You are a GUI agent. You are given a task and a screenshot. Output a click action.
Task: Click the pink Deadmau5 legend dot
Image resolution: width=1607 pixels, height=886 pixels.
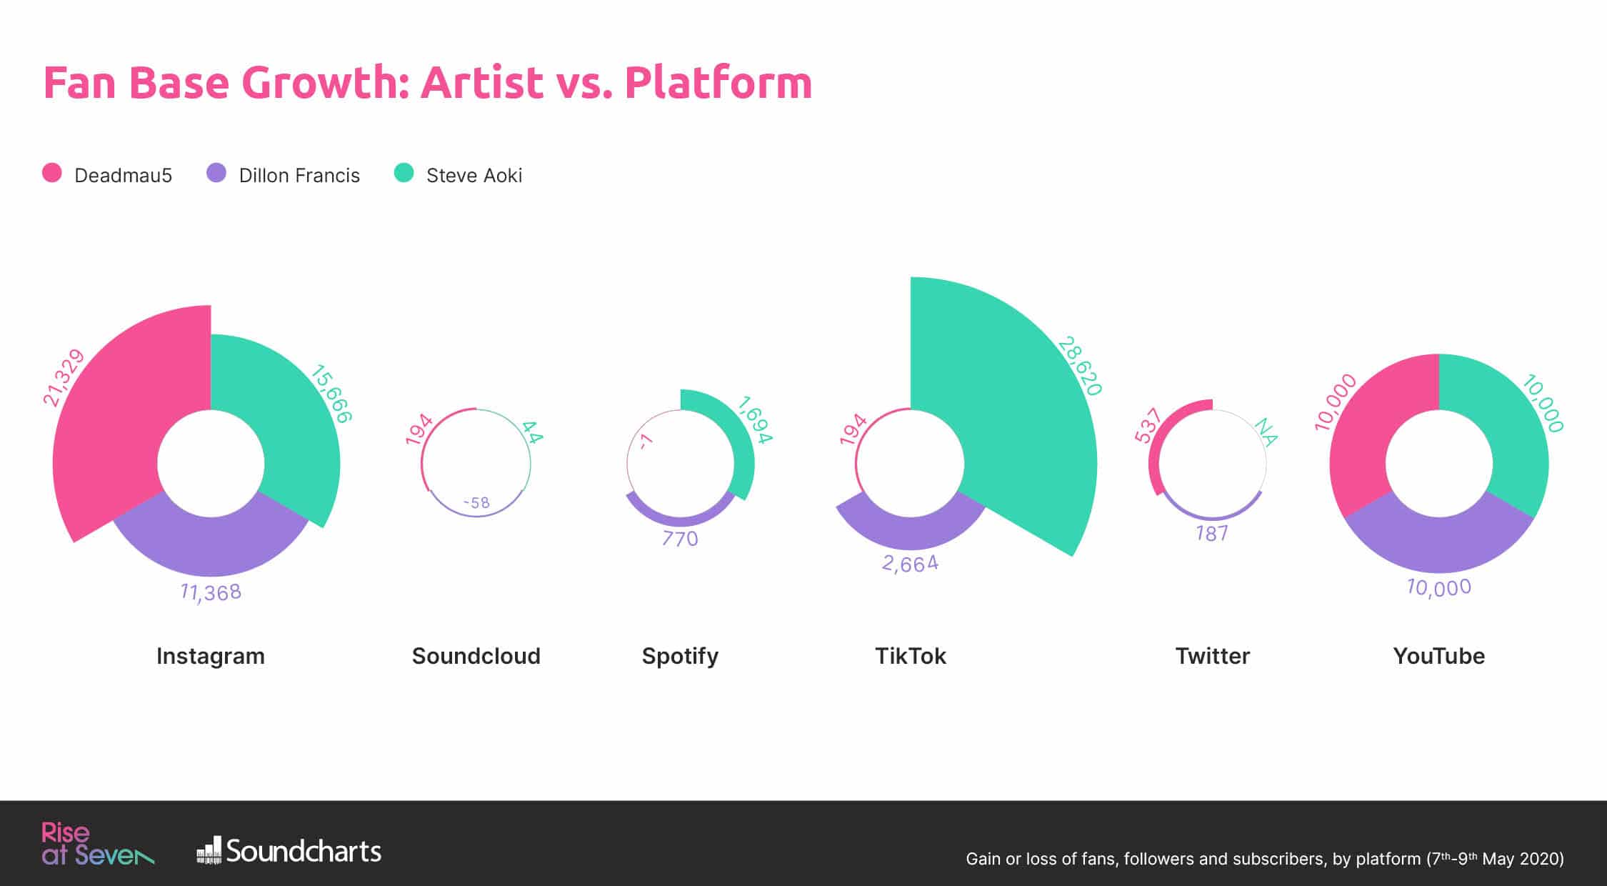coord(52,173)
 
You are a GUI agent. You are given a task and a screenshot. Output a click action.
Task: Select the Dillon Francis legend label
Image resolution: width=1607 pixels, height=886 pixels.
coord(299,176)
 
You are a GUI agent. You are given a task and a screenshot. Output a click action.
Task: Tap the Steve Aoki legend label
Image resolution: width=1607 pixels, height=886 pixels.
coord(474,176)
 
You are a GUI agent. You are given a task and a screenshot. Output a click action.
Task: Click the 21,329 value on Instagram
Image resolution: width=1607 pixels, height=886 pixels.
coord(63,378)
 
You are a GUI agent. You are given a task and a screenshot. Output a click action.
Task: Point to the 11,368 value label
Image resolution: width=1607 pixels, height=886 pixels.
coord(211,592)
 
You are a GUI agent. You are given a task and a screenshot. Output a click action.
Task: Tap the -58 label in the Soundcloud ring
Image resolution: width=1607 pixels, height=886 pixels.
coord(476,503)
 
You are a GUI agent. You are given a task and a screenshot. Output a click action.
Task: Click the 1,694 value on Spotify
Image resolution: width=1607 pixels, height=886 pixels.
coord(755,419)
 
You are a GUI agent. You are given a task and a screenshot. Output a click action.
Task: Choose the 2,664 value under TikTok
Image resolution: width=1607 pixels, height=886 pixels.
coord(911,564)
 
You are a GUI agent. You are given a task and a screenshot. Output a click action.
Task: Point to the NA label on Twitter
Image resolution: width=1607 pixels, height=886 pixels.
coord(1266,432)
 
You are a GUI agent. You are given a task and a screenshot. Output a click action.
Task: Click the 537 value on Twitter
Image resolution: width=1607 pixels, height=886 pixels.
coord(1148,425)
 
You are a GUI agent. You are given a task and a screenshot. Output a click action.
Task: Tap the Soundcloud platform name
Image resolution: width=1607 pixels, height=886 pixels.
coord(476,656)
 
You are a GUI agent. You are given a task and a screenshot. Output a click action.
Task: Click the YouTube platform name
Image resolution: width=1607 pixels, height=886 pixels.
coord(1439,656)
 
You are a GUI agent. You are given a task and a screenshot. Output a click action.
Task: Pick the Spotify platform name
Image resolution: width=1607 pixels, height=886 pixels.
coord(680,657)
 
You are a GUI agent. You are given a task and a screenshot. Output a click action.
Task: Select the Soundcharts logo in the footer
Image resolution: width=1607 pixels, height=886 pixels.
coord(289,850)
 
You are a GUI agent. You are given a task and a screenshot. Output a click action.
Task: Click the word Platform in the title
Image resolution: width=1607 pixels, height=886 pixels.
coord(719,82)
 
